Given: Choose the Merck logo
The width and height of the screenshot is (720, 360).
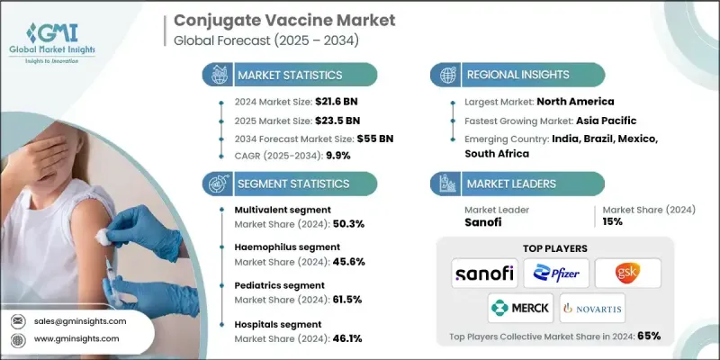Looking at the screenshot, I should [519, 308].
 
